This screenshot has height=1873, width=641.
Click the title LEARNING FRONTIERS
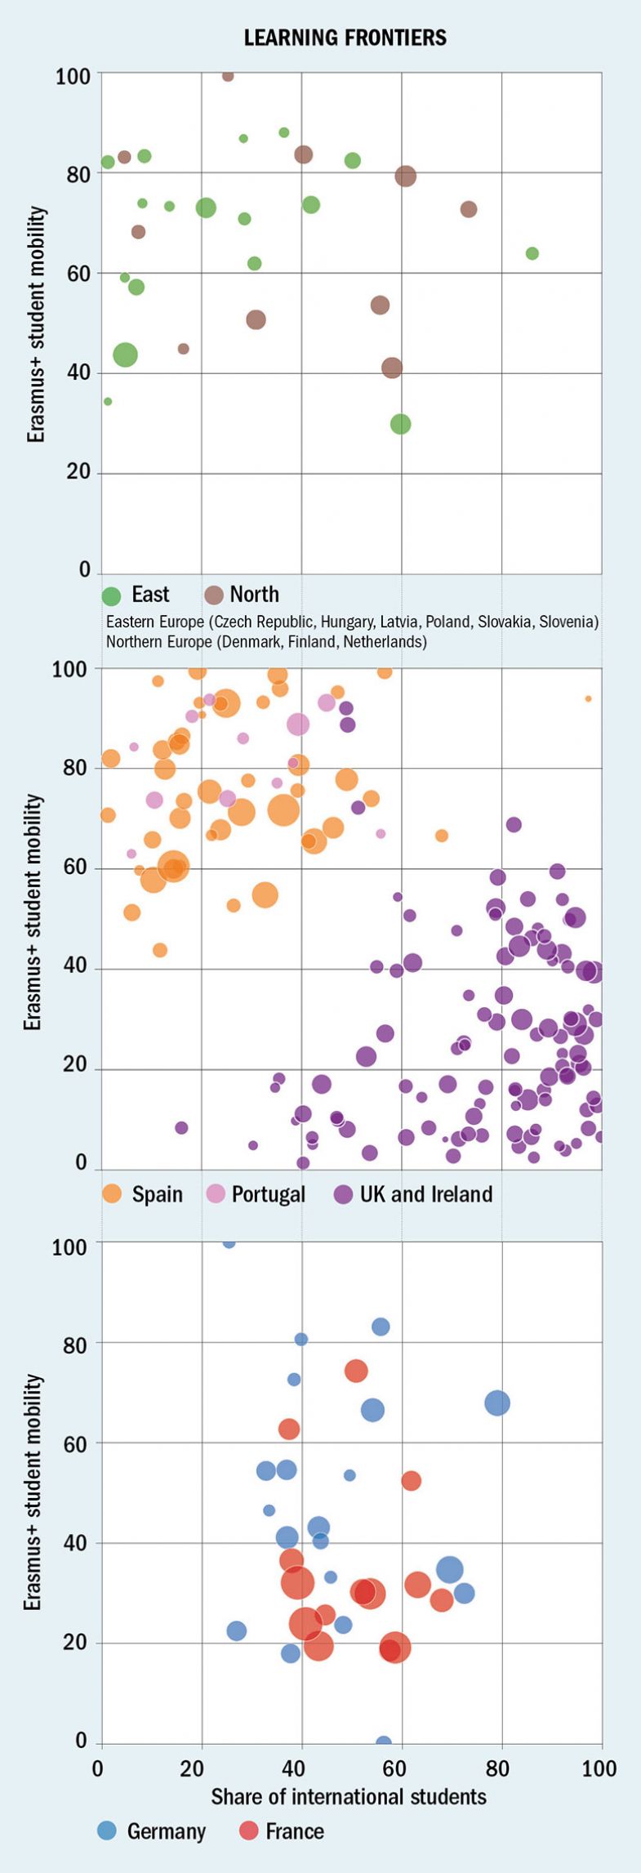345,38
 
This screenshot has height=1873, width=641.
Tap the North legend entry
241,595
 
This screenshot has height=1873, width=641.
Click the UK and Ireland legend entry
413,1194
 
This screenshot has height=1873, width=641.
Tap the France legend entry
282,1831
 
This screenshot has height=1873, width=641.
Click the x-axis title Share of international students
349,1797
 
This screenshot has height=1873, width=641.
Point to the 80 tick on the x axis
501,1769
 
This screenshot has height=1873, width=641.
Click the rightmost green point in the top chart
532,253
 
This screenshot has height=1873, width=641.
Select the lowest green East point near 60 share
400,424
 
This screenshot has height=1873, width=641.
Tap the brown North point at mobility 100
228,76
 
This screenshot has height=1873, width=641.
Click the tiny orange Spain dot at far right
588,698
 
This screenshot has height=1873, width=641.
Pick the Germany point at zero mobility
383,1743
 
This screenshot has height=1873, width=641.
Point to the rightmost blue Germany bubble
497,1403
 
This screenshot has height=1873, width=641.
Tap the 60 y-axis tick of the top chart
79,274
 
